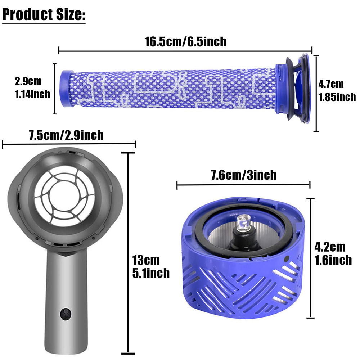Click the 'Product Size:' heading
(44, 14)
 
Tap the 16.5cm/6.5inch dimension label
(185, 42)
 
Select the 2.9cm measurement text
(28, 81)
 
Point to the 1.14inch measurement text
(32, 94)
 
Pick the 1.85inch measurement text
(337, 97)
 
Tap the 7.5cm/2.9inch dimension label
(66, 135)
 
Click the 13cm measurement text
(146, 260)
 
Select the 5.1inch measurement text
(151, 273)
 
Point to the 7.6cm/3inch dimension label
(244, 175)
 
